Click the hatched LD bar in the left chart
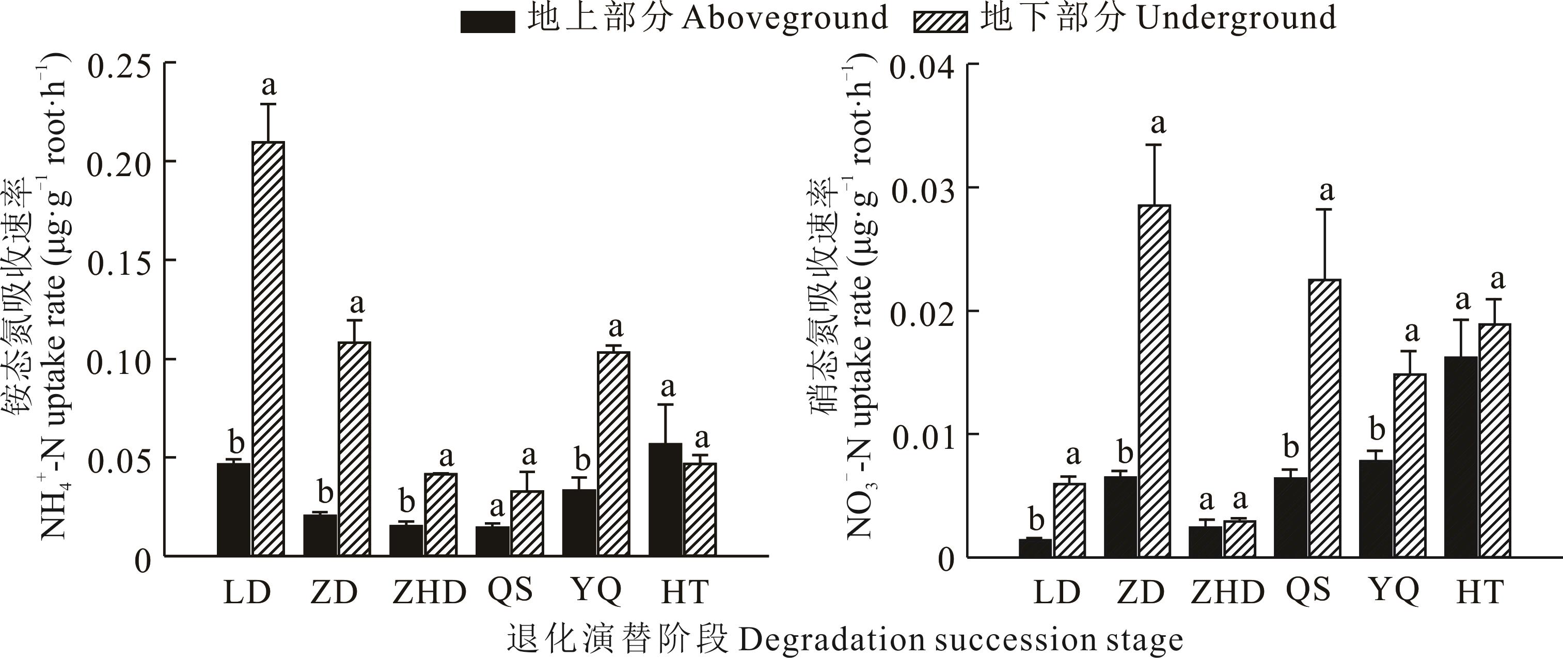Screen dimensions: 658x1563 click(268, 349)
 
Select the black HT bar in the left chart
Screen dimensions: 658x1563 click(665, 499)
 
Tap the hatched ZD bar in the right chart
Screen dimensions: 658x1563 click(1154, 381)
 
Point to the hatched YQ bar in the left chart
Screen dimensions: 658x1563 click(613, 454)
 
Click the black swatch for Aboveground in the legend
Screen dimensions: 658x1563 click(487, 22)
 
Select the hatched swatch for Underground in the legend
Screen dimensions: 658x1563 click(940, 22)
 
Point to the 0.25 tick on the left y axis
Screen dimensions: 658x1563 click(170, 62)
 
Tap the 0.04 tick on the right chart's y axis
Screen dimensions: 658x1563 click(972, 64)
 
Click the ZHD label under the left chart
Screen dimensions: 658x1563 click(429, 592)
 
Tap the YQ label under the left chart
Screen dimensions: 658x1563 click(596, 590)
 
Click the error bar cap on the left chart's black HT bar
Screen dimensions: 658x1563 click(665, 405)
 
